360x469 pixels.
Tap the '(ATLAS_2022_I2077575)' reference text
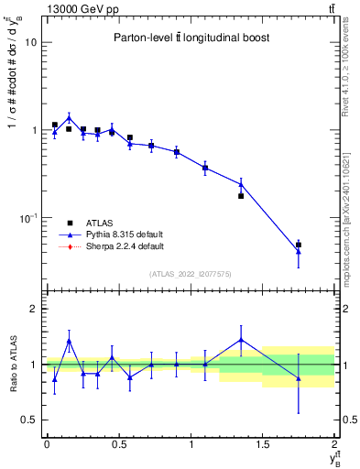click(x=189, y=273)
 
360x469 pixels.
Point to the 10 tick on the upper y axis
click(x=30, y=42)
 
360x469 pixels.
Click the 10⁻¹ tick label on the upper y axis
click(x=27, y=218)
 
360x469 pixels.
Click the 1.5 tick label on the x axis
click(x=263, y=444)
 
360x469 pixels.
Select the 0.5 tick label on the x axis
click(x=118, y=444)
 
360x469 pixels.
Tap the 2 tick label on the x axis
click(x=335, y=444)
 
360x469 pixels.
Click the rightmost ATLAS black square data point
click(x=299, y=245)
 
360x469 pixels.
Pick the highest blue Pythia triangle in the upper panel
click(x=69, y=117)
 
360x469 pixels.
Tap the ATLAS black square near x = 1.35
click(x=241, y=196)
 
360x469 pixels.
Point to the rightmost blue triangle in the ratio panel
click(x=299, y=378)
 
